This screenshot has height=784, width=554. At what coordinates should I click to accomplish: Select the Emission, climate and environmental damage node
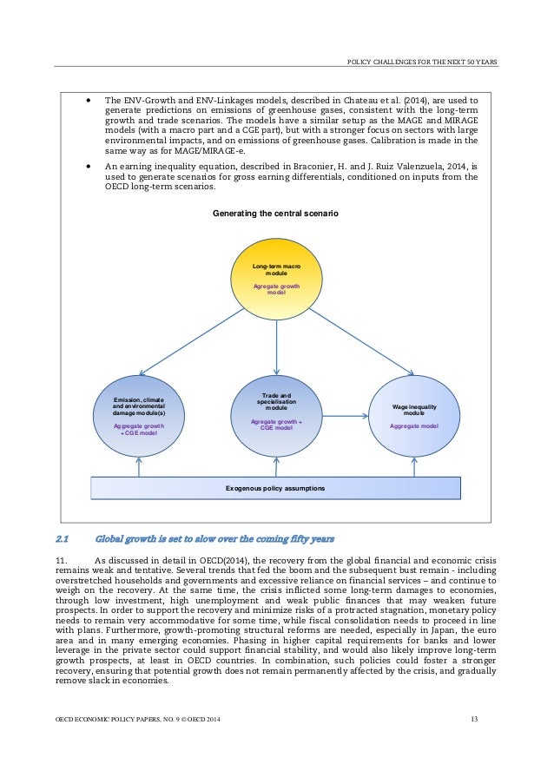point(139,415)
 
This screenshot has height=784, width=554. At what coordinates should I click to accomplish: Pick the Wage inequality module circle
point(413,415)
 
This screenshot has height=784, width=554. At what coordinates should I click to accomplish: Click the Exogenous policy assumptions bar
point(276,489)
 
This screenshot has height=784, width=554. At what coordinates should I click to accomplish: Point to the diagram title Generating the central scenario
point(276,214)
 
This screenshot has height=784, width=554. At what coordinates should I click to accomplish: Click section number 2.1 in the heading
point(63,538)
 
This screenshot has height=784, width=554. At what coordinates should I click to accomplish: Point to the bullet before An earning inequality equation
point(89,163)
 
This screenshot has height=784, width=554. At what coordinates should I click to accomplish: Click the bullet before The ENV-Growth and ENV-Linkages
point(89,100)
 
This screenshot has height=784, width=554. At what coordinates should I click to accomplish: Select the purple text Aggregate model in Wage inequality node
point(413,426)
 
